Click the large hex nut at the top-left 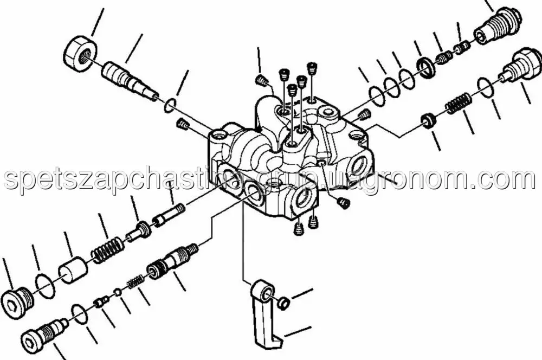click(80, 54)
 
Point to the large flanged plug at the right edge click(520, 67)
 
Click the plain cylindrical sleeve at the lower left click(72, 270)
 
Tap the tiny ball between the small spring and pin click(118, 293)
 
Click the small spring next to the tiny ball click(135, 281)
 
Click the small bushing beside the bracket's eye click(283, 303)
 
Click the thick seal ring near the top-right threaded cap click(425, 66)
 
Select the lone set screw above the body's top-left click(261, 81)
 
